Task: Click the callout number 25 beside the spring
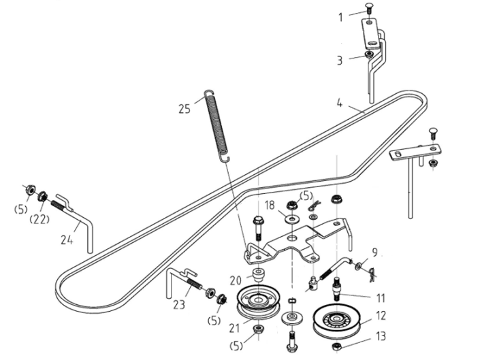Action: coord(184,109)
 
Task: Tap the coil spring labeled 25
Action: coord(217,125)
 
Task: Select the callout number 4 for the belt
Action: coord(339,103)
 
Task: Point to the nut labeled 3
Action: coord(368,54)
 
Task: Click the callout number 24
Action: coord(67,240)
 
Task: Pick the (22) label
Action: coord(39,219)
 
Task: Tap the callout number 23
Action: coord(179,304)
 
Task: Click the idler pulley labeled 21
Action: coord(259,303)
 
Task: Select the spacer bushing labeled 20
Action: coord(258,274)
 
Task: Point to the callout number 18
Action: coord(270,206)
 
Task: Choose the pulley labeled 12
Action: coord(336,321)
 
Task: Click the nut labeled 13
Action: coord(336,346)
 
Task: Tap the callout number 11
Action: coord(381,297)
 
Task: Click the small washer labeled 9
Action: coord(358,266)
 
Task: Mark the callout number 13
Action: coord(381,336)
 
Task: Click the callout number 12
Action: coord(381,316)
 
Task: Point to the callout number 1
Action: coord(340,17)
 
